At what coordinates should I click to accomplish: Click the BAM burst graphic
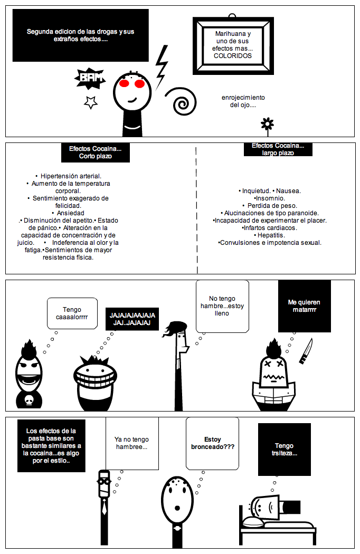click(90, 79)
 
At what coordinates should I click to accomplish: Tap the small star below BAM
click(91, 102)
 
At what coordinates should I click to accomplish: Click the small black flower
click(268, 125)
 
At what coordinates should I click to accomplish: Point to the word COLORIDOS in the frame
click(233, 55)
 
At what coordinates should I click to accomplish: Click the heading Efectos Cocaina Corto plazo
click(96, 152)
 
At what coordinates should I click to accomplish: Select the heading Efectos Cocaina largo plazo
click(278, 149)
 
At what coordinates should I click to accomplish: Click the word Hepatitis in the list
click(270, 235)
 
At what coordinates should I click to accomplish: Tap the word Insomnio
click(270, 198)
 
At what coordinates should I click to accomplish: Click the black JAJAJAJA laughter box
click(132, 319)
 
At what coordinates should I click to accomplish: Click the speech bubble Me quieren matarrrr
click(304, 306)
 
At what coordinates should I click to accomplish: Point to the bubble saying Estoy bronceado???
click(212, 443)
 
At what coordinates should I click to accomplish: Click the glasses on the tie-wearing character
click(104, 481)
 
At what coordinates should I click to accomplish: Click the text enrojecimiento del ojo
click(243, 101)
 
